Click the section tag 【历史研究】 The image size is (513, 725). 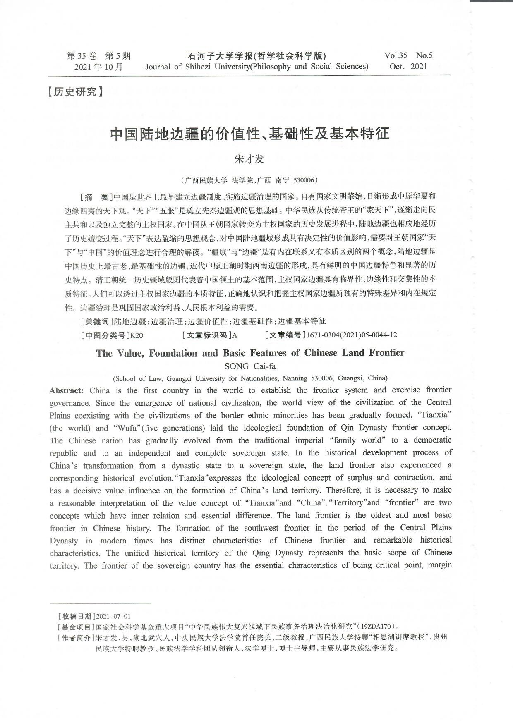[75, 92]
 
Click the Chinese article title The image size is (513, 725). [250, 134]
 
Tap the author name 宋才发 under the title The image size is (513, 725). [249, 159]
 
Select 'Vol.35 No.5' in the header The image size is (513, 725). [408, 55]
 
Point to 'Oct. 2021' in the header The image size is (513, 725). [408, 66]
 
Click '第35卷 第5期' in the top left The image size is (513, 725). [98, 55]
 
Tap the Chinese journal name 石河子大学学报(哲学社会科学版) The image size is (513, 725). [256, 55]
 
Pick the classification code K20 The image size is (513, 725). [137, 335]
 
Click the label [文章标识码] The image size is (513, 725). [207, 335]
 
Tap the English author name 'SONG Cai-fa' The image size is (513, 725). [250, 366]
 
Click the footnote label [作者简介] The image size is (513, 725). [76, 637]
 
